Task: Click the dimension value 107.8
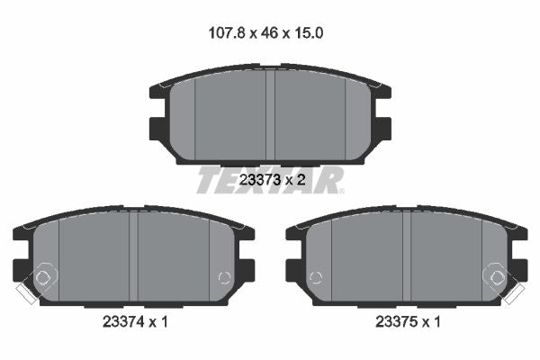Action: [227, 33]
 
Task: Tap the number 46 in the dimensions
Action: [269, 33]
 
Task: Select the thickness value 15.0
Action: [308, 33]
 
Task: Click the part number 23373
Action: [259, 180]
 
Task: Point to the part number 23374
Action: [123, 322]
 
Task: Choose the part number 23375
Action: [396, 322]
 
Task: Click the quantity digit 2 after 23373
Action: [301, 180]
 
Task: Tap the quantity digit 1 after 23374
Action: [164, 322]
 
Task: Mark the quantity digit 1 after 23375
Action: [436, 322]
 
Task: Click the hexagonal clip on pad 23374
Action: [42, 277]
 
